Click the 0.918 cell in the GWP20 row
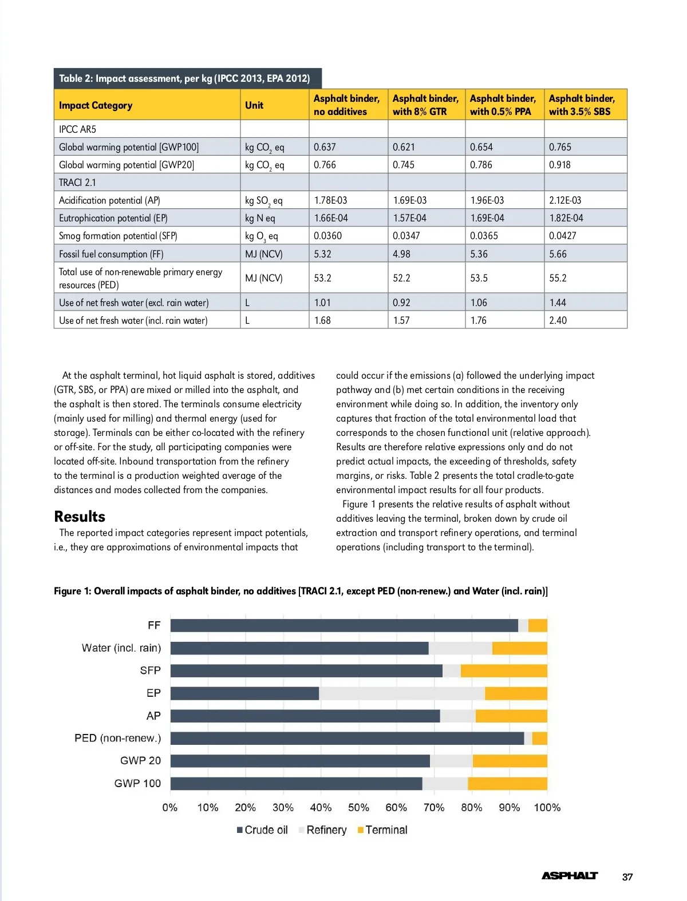tap(560, 165)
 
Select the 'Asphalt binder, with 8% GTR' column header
tap(425, 105)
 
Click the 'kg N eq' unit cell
tap(260, 218)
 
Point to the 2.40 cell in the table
tap(558, 320)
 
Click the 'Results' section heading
tap(80, 517)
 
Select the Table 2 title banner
tap(184, 78)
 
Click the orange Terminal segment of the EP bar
tap(516, 693)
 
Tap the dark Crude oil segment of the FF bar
tap(343, 625)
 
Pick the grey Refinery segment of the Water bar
tap(460, 648)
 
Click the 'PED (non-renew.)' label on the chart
tap(118, 738)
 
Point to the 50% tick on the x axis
tap(358, 807)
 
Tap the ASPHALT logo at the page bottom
tap(570, 876)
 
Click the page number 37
tap(627, 877)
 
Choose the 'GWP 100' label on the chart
tap(137, 783)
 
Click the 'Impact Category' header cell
tap(96, 105)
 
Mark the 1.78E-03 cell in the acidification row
tap(330, 200)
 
